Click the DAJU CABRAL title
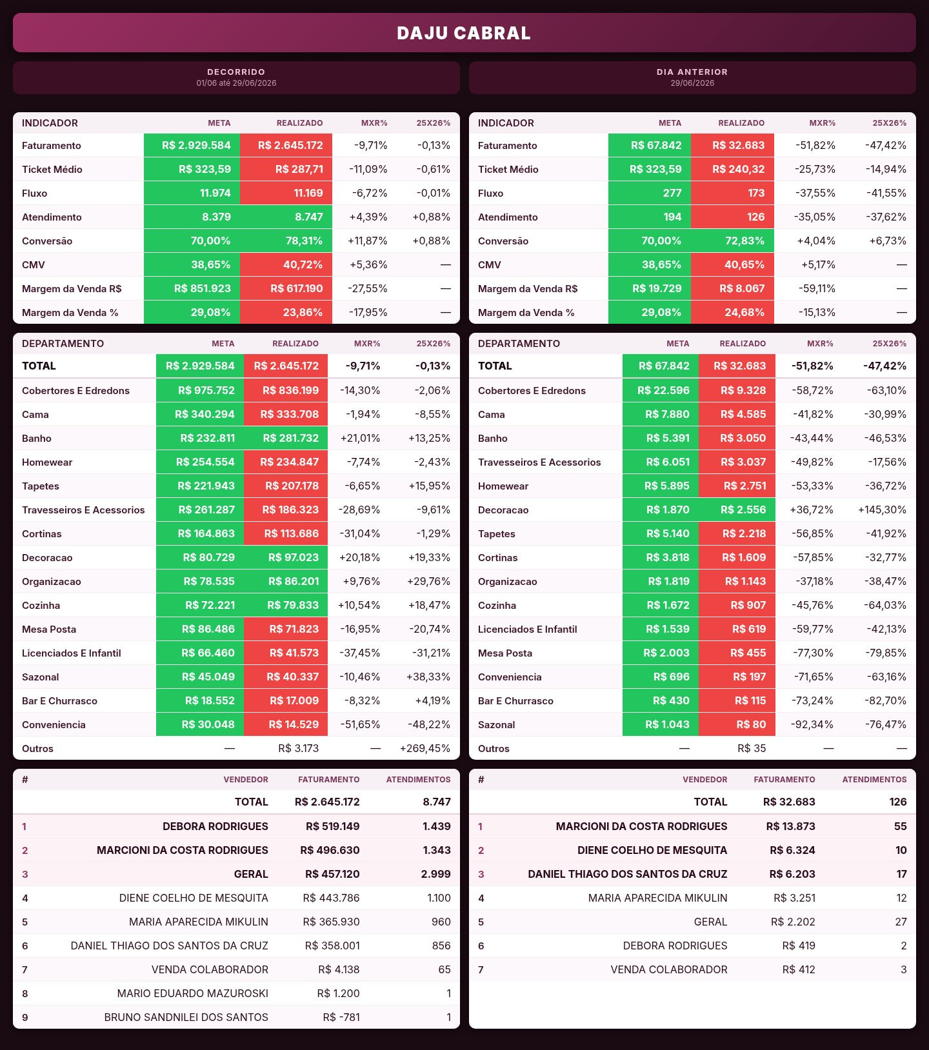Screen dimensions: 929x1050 (x=464, y=33)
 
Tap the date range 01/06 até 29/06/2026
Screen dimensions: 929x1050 (x=236, y=83)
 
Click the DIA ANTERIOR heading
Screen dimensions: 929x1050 (x=692, y=72)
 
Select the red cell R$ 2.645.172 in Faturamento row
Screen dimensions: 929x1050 (x=286, y=145)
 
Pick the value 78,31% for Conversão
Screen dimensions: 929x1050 (x=286, y=241)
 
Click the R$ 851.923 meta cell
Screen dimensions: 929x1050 (x=192, y=288)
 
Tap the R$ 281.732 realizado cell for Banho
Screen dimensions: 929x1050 (x=286, y=438)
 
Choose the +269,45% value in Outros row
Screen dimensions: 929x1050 (x=425, y=748)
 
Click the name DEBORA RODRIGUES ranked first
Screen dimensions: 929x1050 (x=215, y=826)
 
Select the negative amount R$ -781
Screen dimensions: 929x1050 (x=341, y=1017)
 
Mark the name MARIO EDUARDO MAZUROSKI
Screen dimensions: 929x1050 (x=193, y=993)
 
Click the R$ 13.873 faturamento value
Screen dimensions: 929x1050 (x=790, y=826)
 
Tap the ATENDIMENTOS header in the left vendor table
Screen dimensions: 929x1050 (x=418, y=780)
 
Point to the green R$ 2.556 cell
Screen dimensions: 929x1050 (x=737, y=510)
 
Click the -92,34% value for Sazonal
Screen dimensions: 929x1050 (x=812, y=724)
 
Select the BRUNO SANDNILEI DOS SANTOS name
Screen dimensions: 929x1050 (x=186, y=1017)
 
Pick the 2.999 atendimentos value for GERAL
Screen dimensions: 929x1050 (x=436, y=874)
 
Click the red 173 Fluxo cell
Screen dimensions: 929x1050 (x=732, y=193)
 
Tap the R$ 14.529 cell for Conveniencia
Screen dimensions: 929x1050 (x=286, y=724)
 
